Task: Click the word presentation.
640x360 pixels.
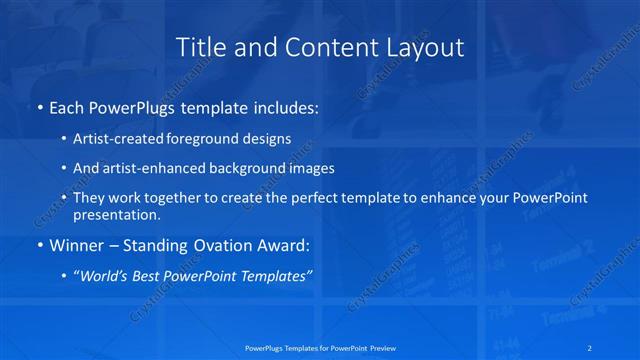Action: click(115, 214)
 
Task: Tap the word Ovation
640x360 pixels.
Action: click(201, 245)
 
